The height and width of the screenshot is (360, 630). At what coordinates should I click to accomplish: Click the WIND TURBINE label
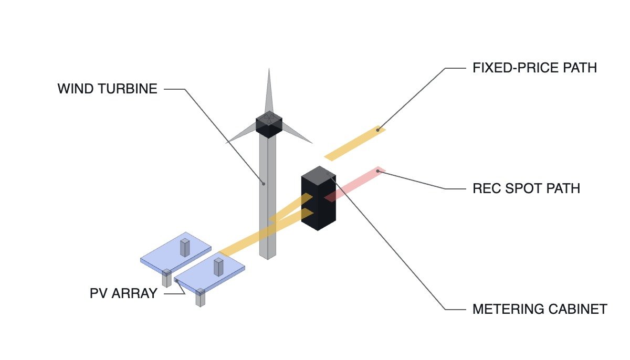108,89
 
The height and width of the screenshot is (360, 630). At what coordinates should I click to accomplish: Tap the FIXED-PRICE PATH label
534,68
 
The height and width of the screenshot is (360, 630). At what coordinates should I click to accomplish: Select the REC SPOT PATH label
526,188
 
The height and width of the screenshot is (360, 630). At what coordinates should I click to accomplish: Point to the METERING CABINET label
540,309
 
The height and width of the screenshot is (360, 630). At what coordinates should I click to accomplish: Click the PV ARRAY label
123,293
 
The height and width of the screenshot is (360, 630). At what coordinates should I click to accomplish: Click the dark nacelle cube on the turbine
269,124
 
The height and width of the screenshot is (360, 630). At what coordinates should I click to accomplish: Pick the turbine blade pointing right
297,133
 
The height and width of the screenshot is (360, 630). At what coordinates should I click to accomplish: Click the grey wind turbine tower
267,197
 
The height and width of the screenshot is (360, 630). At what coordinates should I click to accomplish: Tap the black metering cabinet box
318,198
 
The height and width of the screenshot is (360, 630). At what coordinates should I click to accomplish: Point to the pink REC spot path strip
355,184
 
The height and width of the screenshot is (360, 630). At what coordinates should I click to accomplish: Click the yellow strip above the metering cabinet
355,143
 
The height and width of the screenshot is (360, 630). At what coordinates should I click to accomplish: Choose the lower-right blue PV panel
209,271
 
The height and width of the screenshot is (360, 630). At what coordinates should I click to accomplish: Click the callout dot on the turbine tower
264,184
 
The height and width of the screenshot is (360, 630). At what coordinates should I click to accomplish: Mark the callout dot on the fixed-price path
377,130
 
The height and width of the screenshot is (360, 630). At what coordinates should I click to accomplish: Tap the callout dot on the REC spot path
377,171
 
